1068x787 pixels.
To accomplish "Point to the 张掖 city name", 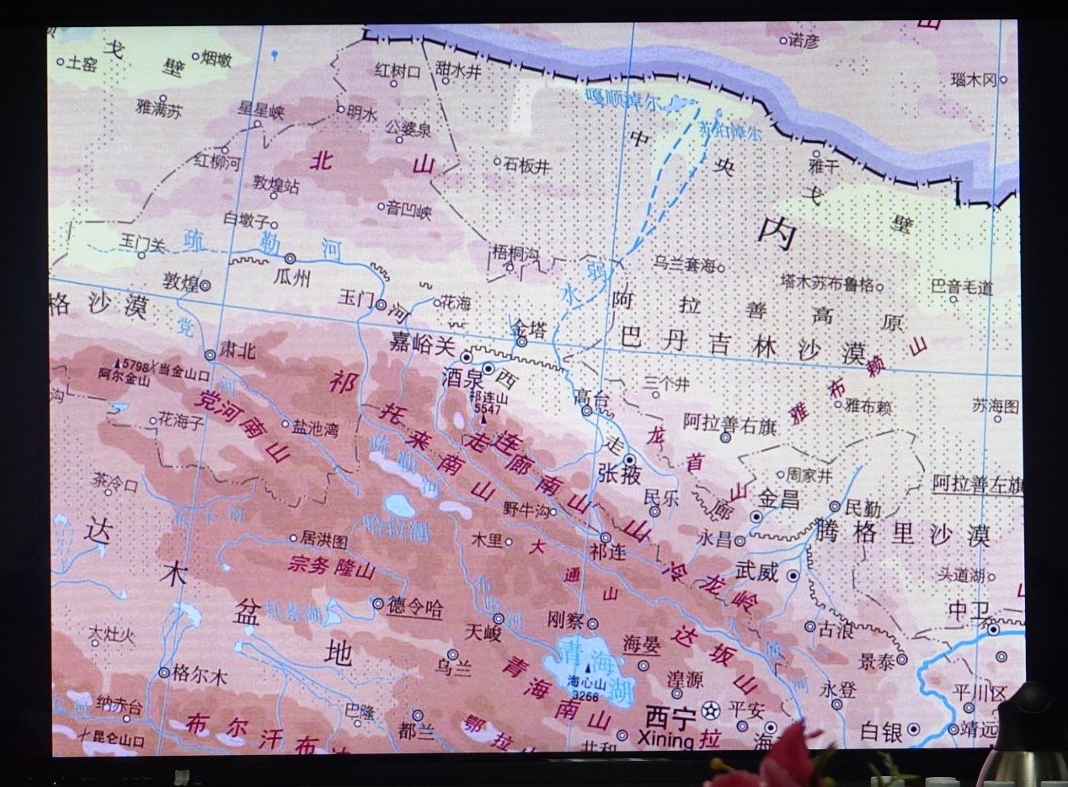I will click(x=620, y=474).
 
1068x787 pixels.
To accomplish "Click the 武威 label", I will click(x=756, y=571).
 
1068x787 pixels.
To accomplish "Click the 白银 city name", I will click(x=882, y=731).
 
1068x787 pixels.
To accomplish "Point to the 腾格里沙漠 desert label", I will click(x=902, y=533).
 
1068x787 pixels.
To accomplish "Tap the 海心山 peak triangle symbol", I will click(x=588, y=669).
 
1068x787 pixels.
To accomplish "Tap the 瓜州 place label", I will click(x=292, y=277).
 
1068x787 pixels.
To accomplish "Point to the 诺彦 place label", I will click(x=804, y=40).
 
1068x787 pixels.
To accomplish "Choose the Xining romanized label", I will click(x=670, y=740).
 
